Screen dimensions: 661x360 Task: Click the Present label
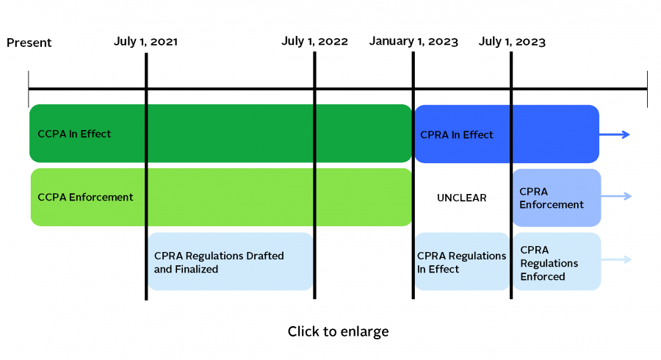click(x=29, y=43)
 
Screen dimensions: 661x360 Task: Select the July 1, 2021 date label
click(x=145, y=41)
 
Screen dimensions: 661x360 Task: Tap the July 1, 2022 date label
click(x=314, y=41)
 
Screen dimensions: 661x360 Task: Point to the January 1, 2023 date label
click(x=413, y=41)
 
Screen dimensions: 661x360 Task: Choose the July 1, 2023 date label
click(x=512, y=41)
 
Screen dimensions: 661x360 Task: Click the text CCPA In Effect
click(x=74, y=134)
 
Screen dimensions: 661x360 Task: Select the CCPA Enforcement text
click(x=85, y=197)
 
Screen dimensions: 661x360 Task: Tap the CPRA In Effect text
click(x=457, y=134)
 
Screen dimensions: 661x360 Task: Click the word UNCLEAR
click(x=462, y=198)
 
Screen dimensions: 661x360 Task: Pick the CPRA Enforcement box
click(x=557, y=198)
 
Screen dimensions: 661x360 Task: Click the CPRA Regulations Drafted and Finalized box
click(x=230, y=262)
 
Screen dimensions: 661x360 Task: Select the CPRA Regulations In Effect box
click(x=462, y=262)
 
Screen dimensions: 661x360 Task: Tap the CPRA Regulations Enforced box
click(x=557, y=262)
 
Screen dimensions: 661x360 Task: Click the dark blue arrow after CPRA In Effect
click(x=615, y=134)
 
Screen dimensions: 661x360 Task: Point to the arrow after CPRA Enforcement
click(x=616, y=196)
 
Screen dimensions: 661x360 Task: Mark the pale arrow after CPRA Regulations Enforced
click(x=616, y=259)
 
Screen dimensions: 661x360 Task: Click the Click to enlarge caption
click(x=338, y=332)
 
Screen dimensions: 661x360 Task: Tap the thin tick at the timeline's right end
click(x=647, y=89)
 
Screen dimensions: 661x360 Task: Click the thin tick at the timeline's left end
click(x=29, y=89)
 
